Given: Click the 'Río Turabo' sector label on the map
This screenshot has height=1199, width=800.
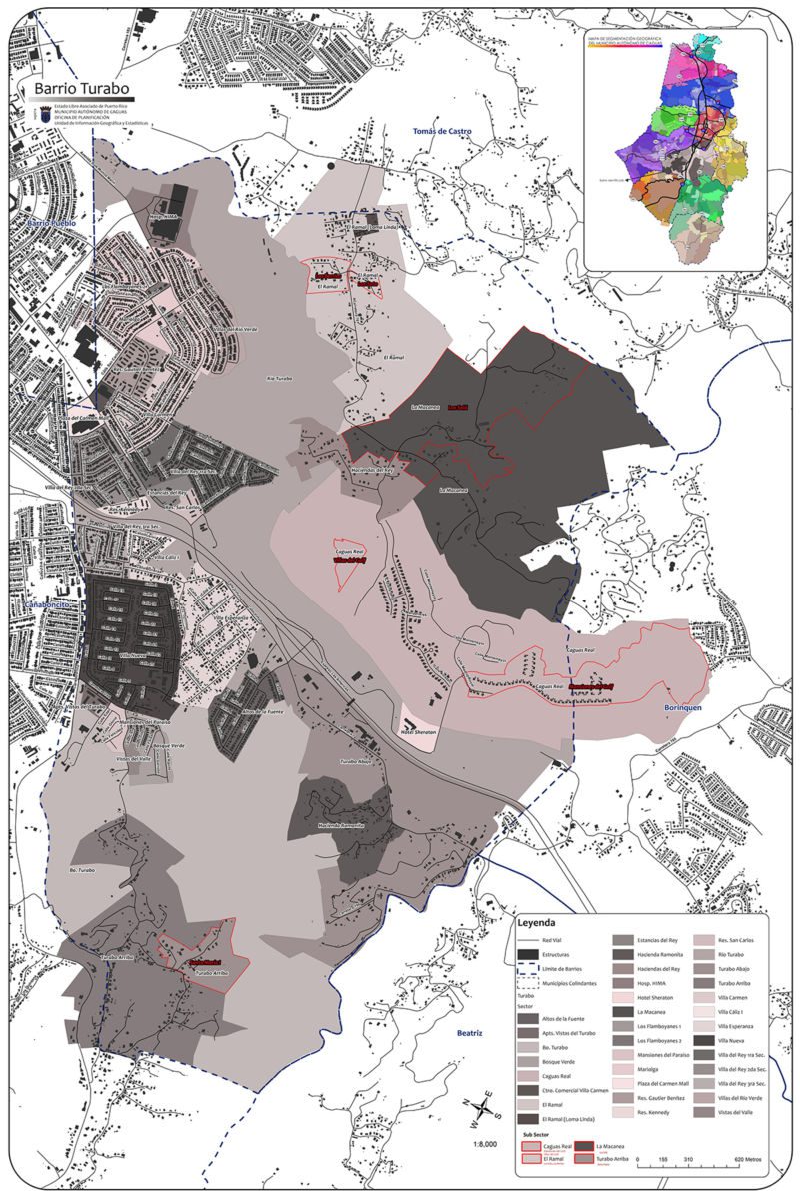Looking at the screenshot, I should coord(279,379).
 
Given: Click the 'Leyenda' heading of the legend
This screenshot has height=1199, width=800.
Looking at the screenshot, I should coord(536,924).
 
